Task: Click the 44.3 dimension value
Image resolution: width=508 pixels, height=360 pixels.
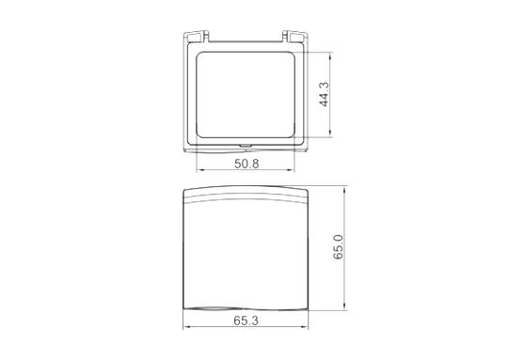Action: coord(324,94)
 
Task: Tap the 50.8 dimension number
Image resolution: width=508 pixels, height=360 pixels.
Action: coord(246,164)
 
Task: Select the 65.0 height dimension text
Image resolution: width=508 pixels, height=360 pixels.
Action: coord(338,247)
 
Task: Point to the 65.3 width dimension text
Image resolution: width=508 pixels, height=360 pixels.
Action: coord(246,321)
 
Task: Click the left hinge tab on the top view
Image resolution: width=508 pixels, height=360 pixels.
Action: coord(196,37)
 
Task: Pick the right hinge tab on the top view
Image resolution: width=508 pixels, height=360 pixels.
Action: coord(294,37)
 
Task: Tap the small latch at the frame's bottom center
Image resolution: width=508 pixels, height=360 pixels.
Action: coord(246,146)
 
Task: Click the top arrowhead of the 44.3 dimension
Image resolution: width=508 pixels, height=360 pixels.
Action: coord(330,55)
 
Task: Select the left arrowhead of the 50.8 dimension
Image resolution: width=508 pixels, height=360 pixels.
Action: coord(198,169)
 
